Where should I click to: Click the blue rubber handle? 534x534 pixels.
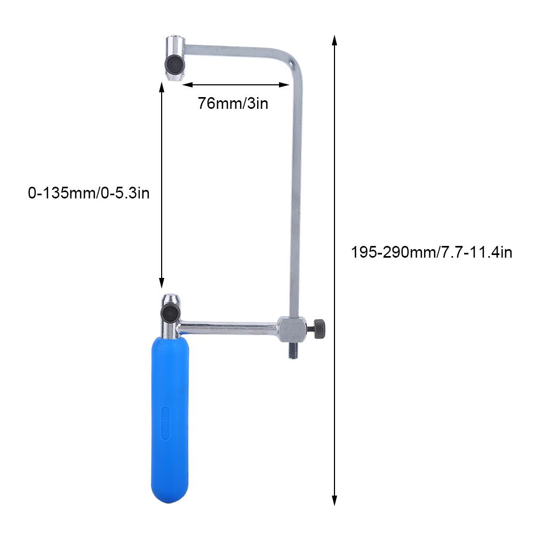pyautogui.click(x=169, y=416)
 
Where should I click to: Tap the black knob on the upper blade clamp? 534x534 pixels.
pyautogui.click(x=173, y=65)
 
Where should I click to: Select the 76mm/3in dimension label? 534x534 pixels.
pyautogui.click(x=233, y=103)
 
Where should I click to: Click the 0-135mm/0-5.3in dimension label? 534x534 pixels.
pyautogui.click(x=89, y=193)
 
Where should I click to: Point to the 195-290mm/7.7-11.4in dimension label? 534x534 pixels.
pyautogui.click(x=432, y=252)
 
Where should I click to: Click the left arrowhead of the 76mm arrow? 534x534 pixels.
pyautogui.click(x=184, y=84)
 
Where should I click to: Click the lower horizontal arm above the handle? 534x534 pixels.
pyautogui.click(x=229, y=325)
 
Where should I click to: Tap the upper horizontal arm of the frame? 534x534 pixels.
pyautogui.click(x=235, y=50)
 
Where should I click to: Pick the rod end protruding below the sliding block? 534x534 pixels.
pyautogui.click(x=293, y=352)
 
